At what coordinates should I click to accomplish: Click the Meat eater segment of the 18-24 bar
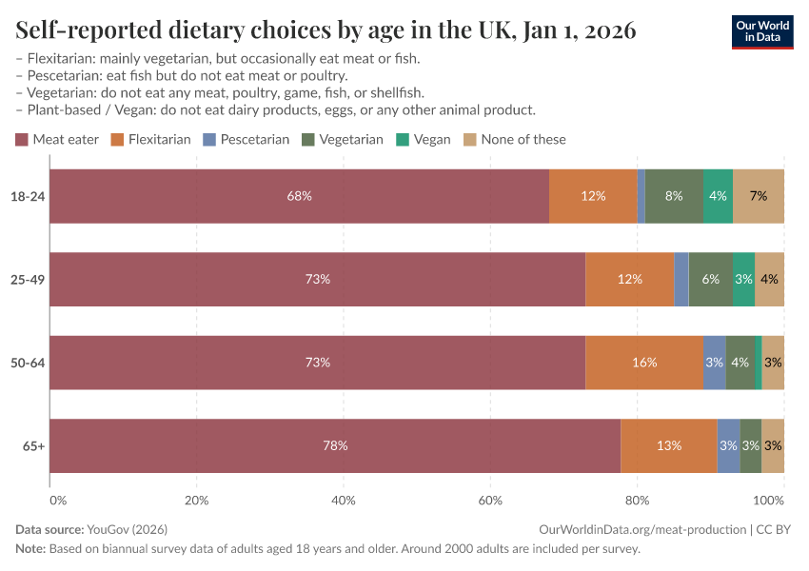pyautogui.click(x=299, y=196)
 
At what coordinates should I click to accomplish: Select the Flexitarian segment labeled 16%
pyautogui.click(x=644, y=363)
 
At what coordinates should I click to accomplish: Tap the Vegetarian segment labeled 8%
pyautogui.click(x=674, y=196)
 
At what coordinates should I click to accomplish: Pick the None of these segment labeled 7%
pyautogui.click(x=759, y=196)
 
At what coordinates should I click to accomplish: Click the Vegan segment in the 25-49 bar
pyautogui.click(x=743, y=280)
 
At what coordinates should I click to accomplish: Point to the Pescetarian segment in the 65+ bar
pyautogui.click(x=728, y=445)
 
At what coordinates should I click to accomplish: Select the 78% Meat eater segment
pyautogui.click(x=335, y=445)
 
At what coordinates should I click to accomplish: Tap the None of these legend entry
pyautogui.click(x=514, y=139)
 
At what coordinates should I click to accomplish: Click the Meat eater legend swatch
pyautogui.click(x=23, y=139)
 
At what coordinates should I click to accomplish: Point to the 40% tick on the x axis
pyautogui.click(x=344, y=500)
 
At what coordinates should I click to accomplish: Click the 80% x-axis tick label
pyautogui.click(x=637, y=500)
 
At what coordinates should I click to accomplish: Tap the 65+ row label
pyautogui.click(x=34, y=445)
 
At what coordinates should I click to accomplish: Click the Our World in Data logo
pyautogui.click(x=763, y=30)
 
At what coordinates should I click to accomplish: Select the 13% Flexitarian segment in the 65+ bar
pyautogui.click(x=668, y=445)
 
